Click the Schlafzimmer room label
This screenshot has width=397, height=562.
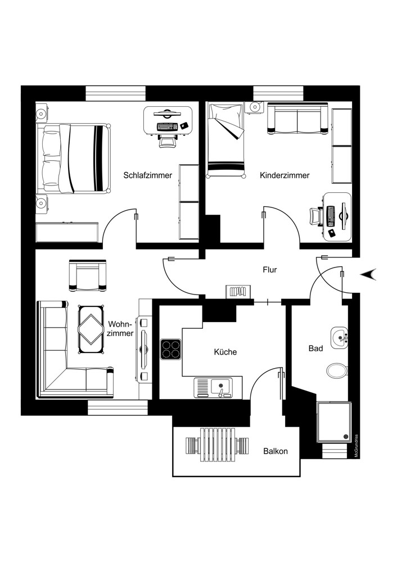pos(148,175)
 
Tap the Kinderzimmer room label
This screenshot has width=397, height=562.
pos(285,175)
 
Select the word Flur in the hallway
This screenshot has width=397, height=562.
pos(270,270)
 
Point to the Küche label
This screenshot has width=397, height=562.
pos(225,352)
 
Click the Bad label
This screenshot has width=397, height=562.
pos(315,348)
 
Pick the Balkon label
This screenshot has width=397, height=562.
pos(276,451)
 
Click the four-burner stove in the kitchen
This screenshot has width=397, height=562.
pos(170,349)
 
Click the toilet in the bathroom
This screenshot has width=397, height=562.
pos(337,370)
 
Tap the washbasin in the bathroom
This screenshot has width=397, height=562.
pos(340,337)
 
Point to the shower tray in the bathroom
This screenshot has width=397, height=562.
pos(334,422)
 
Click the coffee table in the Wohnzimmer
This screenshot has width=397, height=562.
pos(91,329)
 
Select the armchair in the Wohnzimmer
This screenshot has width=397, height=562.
pos(87,275)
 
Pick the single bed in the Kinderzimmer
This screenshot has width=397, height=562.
pos(226,140)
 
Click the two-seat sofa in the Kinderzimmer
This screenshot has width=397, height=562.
pos(297,119)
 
